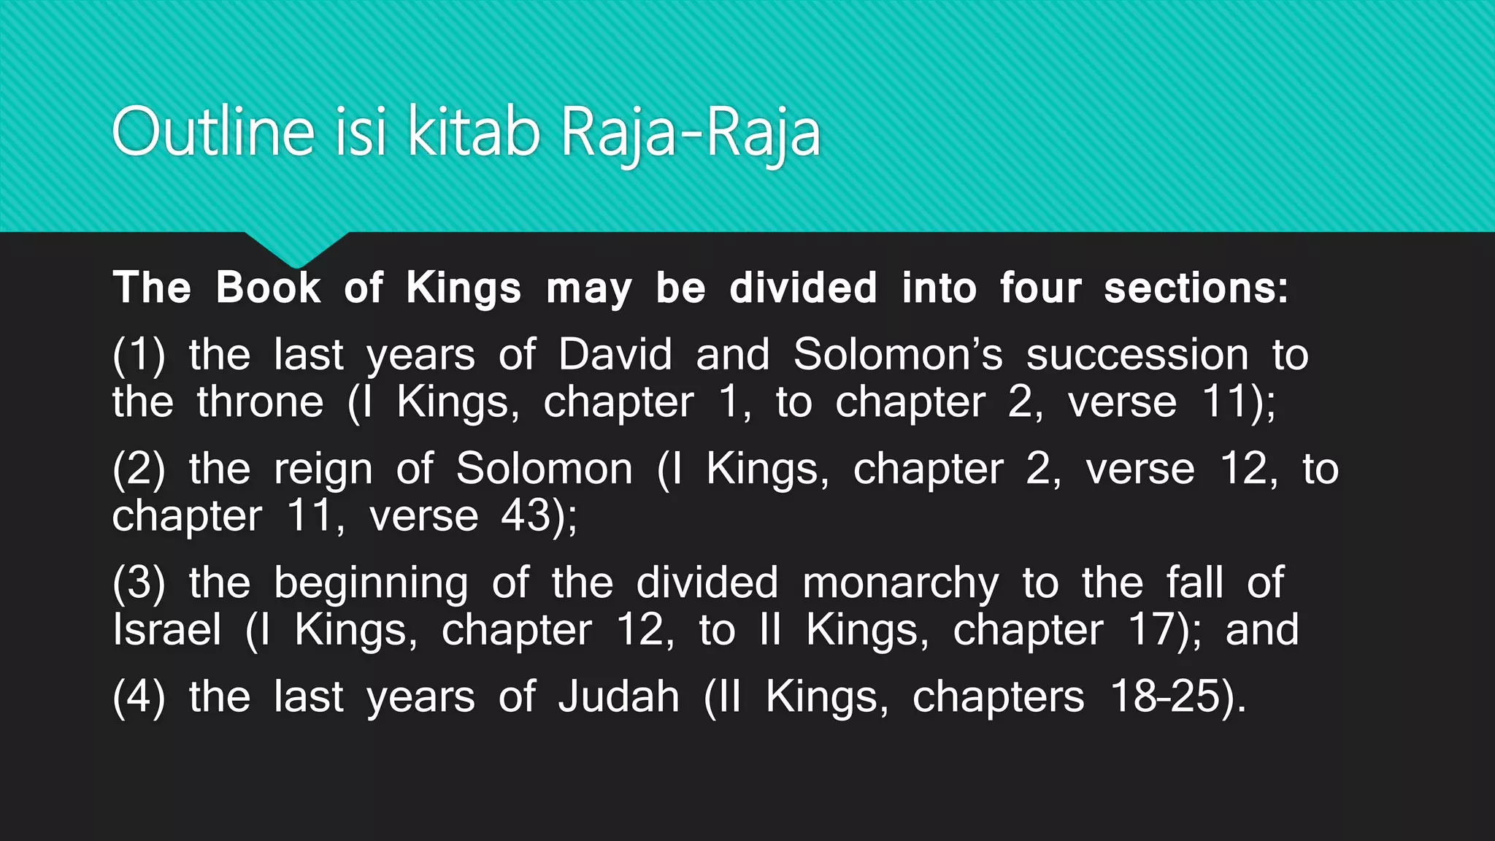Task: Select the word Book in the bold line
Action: (268, 287)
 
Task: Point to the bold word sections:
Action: (1196, 287)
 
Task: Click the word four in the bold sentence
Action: (1040, 287)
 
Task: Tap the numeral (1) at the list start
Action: (139, 355)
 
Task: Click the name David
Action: (615, 355)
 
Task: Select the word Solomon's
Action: (898, 355)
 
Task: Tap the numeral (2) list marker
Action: (139, 469)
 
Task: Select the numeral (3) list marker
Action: (139, 583)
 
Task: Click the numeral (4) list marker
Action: (139, 696)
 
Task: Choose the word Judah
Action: (619, 696)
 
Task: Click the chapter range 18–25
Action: (1166, 696)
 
